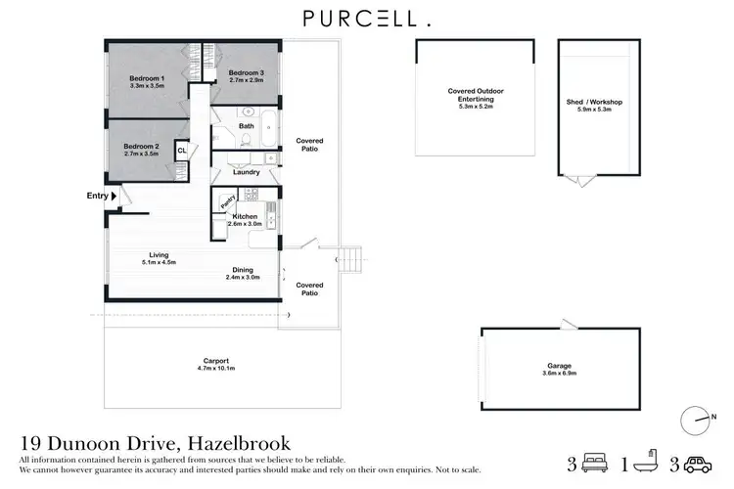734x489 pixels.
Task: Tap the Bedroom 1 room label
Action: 147,78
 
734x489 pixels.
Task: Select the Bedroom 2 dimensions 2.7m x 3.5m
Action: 143,155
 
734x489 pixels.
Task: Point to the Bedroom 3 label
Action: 246,72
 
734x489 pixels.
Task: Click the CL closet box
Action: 182,151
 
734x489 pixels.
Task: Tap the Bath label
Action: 247,126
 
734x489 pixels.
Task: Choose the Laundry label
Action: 247,172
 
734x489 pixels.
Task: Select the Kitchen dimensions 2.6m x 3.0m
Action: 244,224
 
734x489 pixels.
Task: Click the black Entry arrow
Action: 114,196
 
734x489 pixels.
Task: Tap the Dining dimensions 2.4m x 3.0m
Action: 244,278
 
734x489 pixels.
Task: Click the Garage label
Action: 559,367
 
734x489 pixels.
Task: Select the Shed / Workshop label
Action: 594,102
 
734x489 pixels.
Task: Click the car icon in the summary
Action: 696,464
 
